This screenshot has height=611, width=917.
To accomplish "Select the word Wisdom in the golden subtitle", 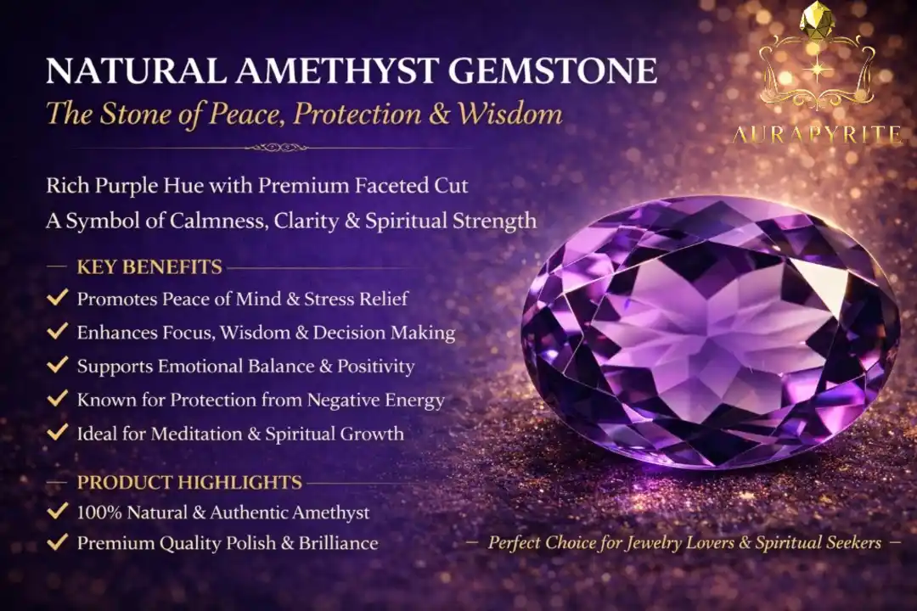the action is (x=509, y=114).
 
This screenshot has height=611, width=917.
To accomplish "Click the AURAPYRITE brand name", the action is (x=818, y=136).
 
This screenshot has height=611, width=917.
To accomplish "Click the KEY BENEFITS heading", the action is (x=149, y=267).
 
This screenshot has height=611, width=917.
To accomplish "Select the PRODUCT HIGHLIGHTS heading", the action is (x=189, y=482).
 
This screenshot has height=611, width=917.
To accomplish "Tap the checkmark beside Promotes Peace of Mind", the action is (x=58, y=298).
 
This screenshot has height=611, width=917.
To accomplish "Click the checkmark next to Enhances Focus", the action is (x=58, y=331).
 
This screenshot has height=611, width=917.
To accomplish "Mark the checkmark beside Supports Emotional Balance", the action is (x=58, y=365).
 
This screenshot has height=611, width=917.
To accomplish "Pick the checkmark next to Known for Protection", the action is (x=58, y=399).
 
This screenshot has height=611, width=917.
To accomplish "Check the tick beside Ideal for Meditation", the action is (x=58, y=433).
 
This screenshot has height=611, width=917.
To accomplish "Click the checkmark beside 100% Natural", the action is (x=58, y=511).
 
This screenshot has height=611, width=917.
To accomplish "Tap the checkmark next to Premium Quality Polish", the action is (x=58, y=542).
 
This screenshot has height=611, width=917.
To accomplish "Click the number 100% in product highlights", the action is (x=99, y=513).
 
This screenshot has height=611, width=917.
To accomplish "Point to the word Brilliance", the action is (x=339, y=543).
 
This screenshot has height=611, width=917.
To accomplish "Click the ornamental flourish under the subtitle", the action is (x=276, y=148).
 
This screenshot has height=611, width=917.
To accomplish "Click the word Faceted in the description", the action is (x=391, y=186).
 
